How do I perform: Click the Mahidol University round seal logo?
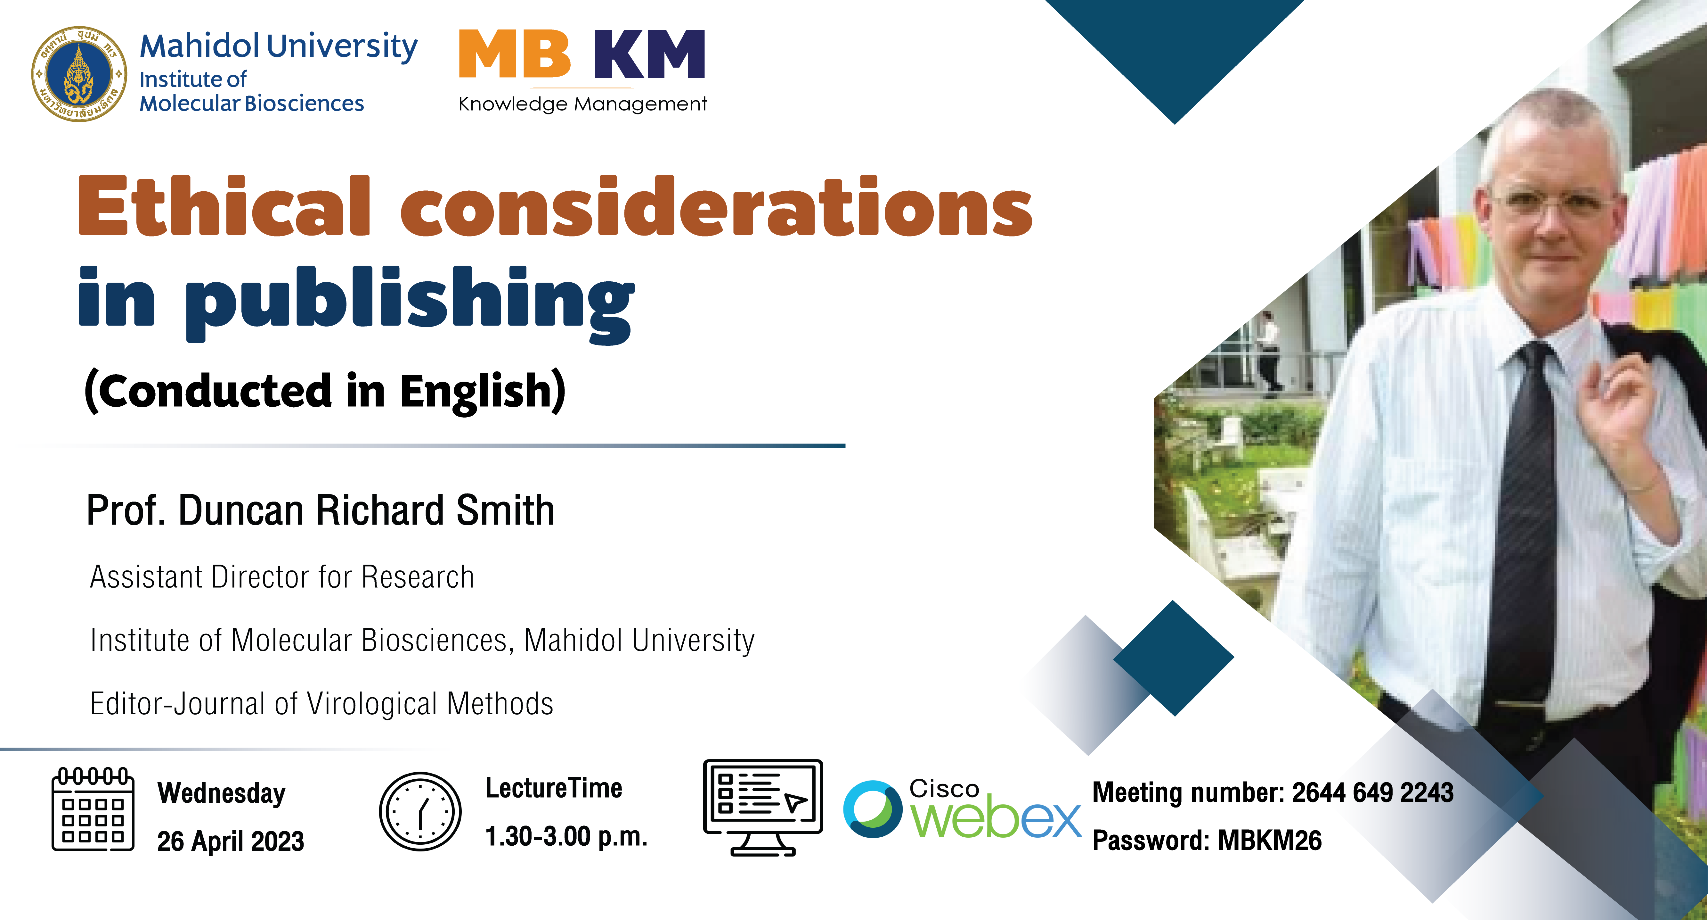click(x=79, y=74)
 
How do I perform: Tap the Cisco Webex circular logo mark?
click(x=873, y=809)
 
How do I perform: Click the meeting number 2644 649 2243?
click(x=1372, y=792)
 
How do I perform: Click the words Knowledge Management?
click(x=583, y=104)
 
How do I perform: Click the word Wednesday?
click(x=222, y=793)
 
